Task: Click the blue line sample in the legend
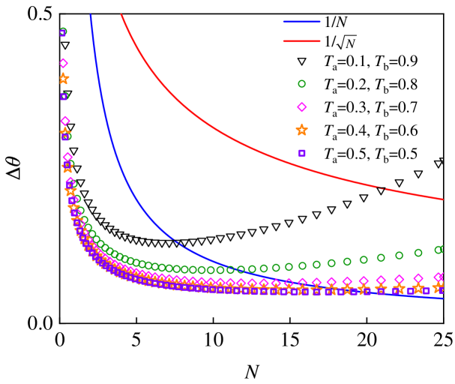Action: coord(301,22)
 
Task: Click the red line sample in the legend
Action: coord(301,41)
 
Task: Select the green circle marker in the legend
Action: coord(301,84)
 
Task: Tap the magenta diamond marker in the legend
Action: coord(301,107)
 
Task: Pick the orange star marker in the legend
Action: coord(301,130)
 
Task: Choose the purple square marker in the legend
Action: coord(301,153)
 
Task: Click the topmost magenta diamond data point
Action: coord(63,63)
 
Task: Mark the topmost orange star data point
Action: coord(64,79)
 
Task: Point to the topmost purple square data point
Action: coord(63,33)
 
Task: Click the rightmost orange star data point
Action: coord(438,286)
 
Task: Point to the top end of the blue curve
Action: coord(91,15)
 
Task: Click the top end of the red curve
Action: coord(121,15)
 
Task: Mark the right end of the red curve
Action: coord(443,199)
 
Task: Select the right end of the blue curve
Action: coord(443,298)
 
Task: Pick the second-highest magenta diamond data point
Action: coord(65,121)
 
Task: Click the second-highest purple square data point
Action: coord(64,96)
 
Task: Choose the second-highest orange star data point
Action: coord(65,133)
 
